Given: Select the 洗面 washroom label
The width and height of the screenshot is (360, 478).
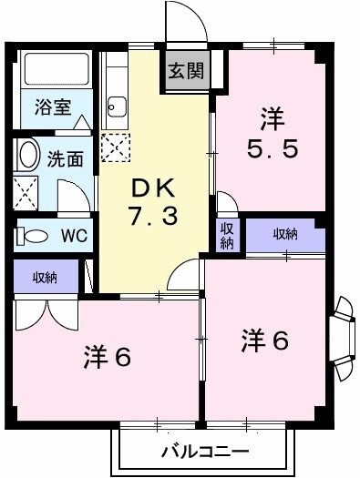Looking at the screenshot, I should coord(66,158).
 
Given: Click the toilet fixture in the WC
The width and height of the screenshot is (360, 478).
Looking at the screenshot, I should coord(33,235).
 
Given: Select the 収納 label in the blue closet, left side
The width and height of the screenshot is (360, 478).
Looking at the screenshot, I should coord(46,276).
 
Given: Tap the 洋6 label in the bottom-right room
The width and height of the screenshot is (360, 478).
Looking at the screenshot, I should coord(265,340).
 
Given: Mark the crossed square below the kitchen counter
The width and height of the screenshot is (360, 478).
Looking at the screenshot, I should coord(115,147).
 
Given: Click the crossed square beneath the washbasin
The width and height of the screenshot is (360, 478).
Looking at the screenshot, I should coord(26,192).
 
